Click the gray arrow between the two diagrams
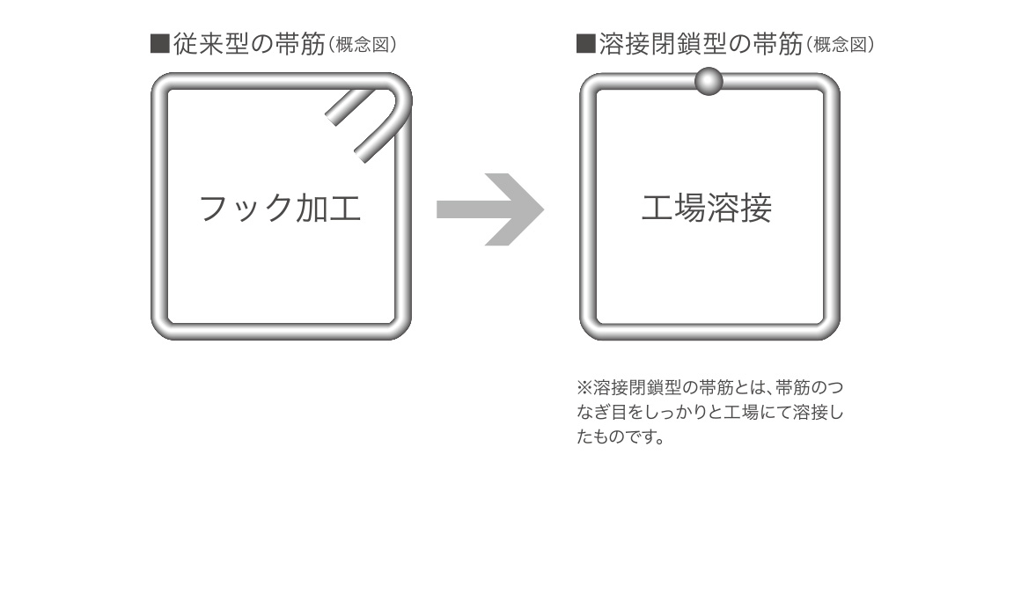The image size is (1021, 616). pyautogui.click(x=493, y=209)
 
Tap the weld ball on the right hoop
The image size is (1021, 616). pyautogui.click(x=709, y=81)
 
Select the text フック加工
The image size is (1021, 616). pyautogui.click(x=280, y=209)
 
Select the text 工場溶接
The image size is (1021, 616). pyautogui.click(x=707, y=209)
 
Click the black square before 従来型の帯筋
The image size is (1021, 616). pyautogui.click(x=159, y=45)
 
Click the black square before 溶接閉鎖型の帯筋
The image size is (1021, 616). pyautogui.click(x=585, y=45)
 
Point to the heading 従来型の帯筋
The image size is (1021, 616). pyautogui.click(x=249, y=45)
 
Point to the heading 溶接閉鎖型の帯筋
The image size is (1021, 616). pyautogui.click(x=700, y=45)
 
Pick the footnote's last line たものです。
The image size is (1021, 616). pyautogui.click(x=620, y=436)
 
